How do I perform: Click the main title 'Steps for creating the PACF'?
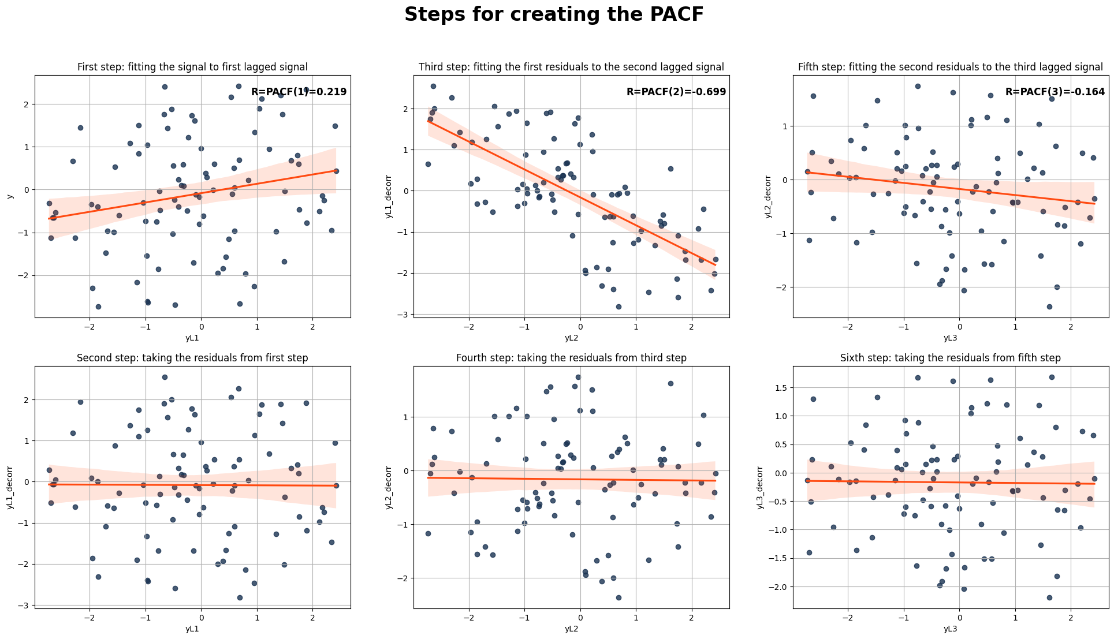pyautogui.click(x=554, y=14)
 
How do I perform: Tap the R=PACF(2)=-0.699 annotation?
pyautogui.click(x=676, y=92)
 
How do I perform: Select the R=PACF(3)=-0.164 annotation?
pyautogui.click(x=1055, y=92)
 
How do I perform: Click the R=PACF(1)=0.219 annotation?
pyautogui.click(x=299, y=92)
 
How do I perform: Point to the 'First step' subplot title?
pyautogui.click(x=192, y=67)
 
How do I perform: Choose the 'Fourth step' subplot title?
pyautogui.click(x=571, y=358)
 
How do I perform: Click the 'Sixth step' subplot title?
pyautogui.click(x=950, y=358)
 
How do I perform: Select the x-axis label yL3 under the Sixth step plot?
pyautogui.click(x=950, y=629)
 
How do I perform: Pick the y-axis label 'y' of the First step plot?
pyautogui.click(x=10, y=196)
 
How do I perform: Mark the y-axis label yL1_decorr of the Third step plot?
pyautogui.click(x=389, y=196)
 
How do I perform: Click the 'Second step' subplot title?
pyautogui.click(x=192, y=358)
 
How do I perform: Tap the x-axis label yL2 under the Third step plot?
pyautogui.click(x=571, y=338)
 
